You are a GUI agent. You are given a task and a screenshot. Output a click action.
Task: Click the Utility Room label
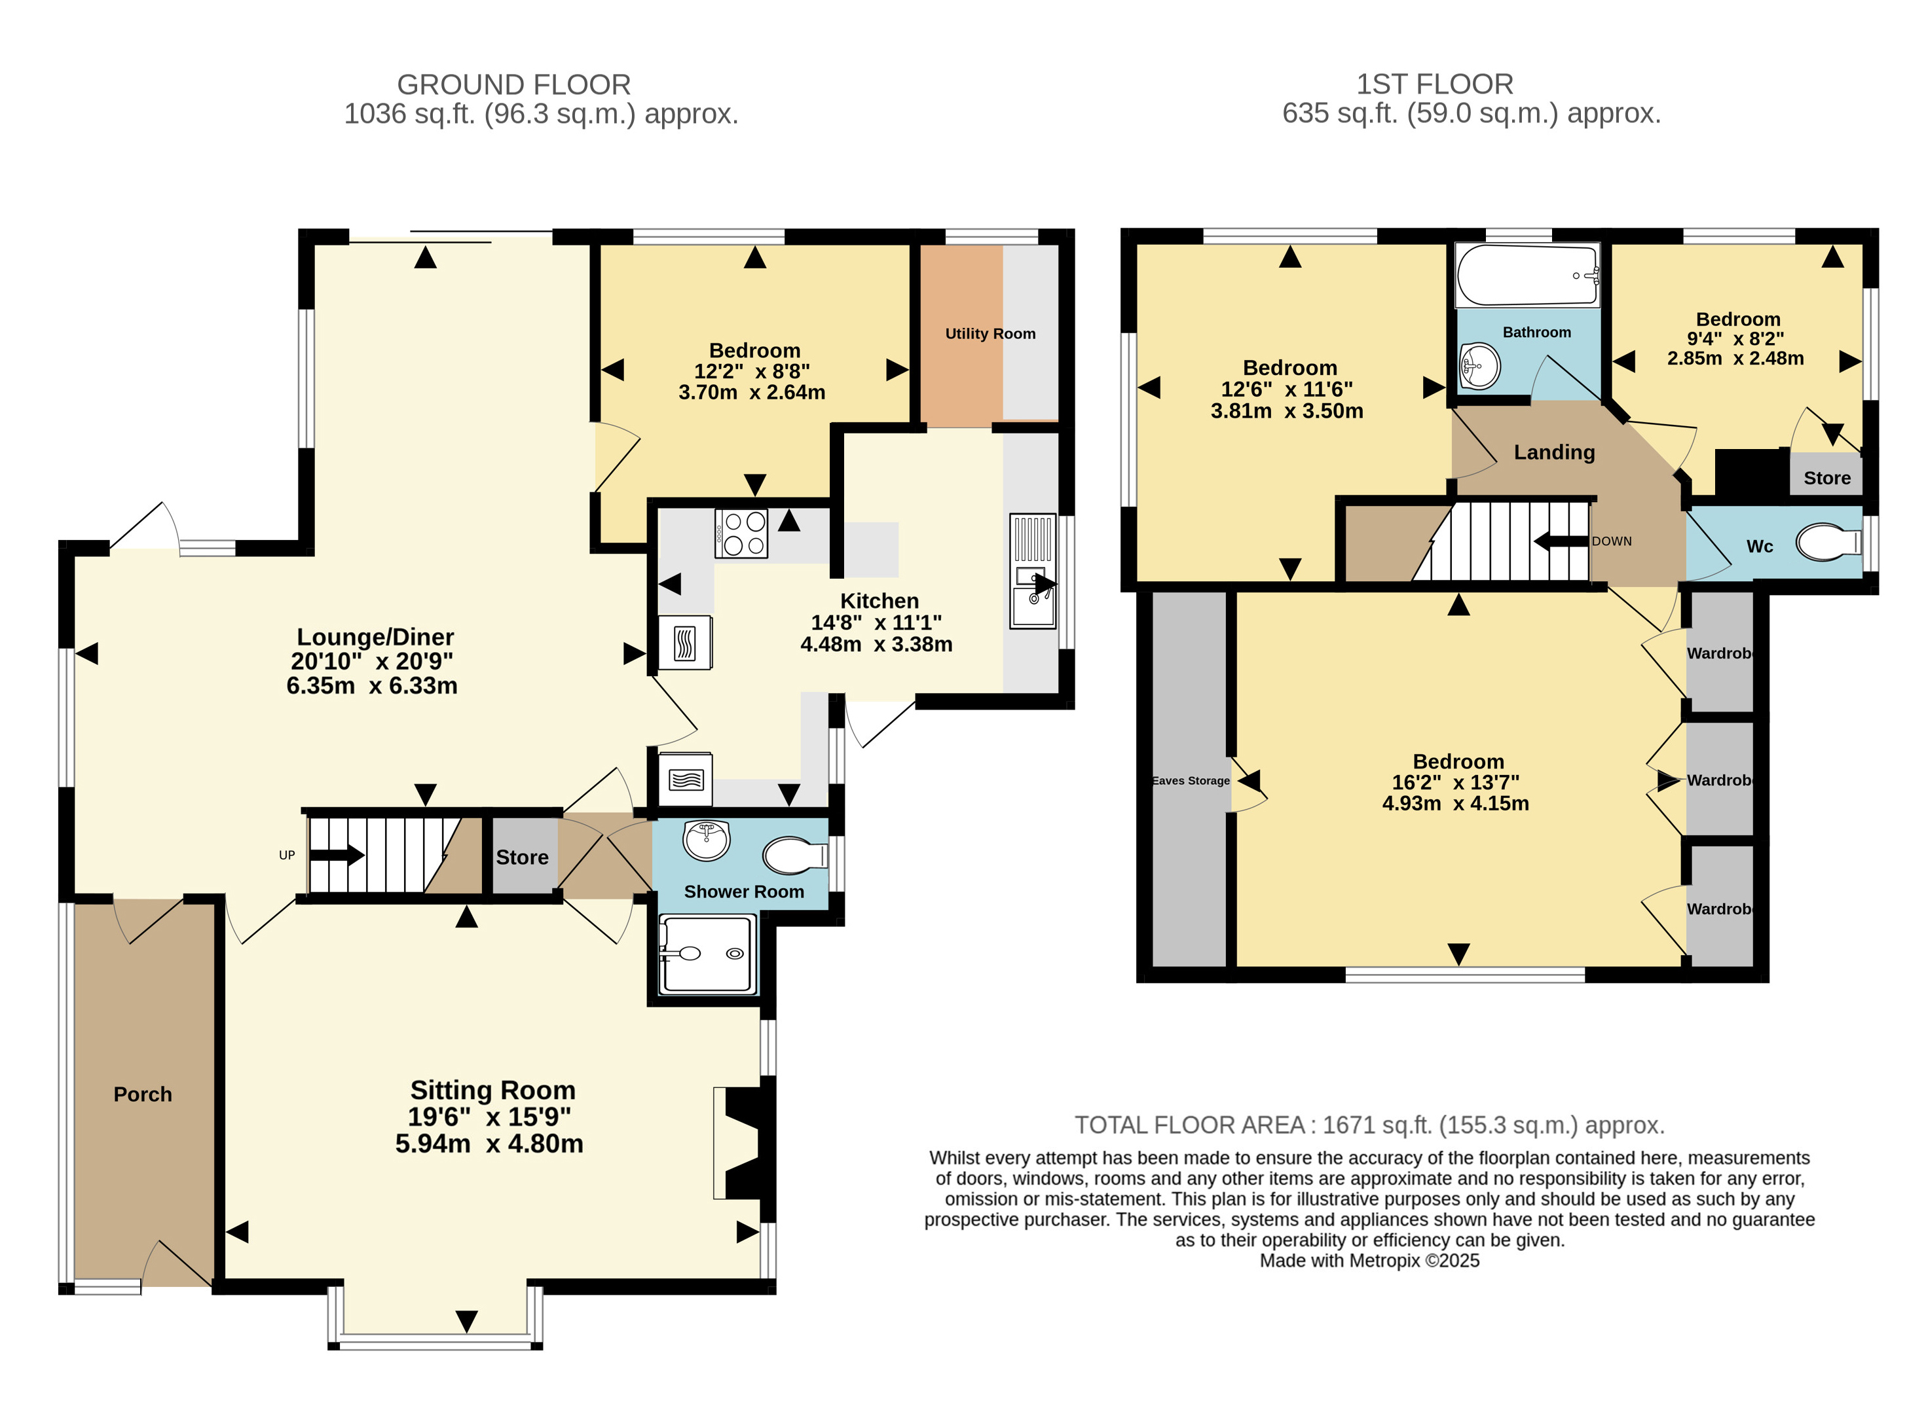pyautogui.click(x=990, y=334)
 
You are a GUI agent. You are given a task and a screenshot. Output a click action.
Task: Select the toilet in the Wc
pyautogui.click(x=1828, y=542)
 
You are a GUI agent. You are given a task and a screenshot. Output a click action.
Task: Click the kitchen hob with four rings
pyautogui.click(x=741, y=533)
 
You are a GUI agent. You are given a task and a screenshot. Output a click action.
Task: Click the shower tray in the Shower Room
pyautogui.click(x=708, y=954)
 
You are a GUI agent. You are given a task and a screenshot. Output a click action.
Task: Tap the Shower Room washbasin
pyautogui.click(x=706, y=840)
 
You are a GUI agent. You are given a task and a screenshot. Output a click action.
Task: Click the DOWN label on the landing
pyautogui.click(x=1612, y=541)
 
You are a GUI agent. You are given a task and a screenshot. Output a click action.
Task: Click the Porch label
pyautogui.click(x=142, y=1094)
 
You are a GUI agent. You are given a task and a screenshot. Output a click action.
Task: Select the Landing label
pyautogui.click(x=1554, y=452)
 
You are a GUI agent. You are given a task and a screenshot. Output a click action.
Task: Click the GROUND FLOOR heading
pyautogui.click(x=514, y=84)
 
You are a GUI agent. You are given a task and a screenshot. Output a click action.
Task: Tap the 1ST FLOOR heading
pyautogui.click(x=1435, y=84)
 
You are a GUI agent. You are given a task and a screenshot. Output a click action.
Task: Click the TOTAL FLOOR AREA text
pyautogui.click(x=1369, y=1125)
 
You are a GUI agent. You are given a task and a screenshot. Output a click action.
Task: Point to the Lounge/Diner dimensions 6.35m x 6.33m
pyautogui.click(x=372, y=685)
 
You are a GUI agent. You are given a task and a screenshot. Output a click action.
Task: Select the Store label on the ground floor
pyautogui.click(x=522, y=857)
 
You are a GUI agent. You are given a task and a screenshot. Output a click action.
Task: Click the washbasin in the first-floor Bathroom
pyautogui.click(x=1480, y=367)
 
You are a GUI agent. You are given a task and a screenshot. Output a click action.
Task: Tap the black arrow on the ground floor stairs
pyautogui.click(x=337, y=855)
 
